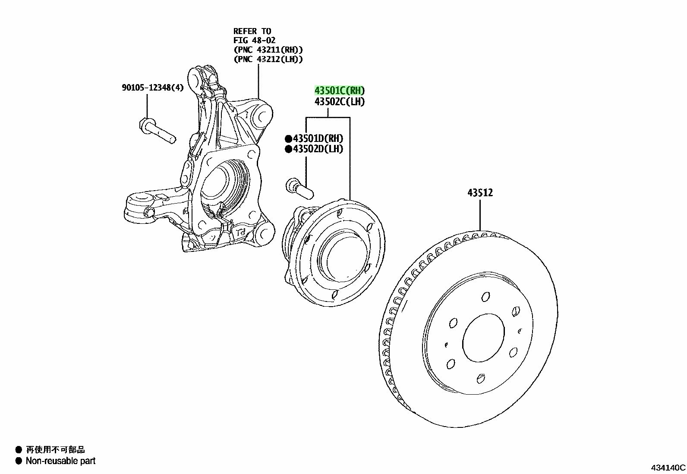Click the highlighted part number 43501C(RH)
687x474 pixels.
point(340,91)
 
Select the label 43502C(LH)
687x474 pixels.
point(340,101)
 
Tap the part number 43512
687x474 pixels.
point(480,192)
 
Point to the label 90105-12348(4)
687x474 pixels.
point(153,88)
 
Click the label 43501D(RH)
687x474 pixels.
point(318,138)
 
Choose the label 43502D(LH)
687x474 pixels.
point(318,149)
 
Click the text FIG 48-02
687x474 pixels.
point(254,40)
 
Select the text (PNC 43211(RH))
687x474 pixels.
point(268,50)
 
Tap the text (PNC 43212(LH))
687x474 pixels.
point(268,59)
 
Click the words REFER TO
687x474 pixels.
point(252,31)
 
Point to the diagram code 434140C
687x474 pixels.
point(668,468)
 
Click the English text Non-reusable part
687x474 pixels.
point(60,461)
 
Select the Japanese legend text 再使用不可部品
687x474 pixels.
point(55,450)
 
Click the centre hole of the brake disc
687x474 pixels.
point(483,338)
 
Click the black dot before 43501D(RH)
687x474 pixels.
point(289,139)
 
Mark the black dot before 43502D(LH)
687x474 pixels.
point(289,149)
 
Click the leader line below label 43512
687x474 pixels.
point(480,215)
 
